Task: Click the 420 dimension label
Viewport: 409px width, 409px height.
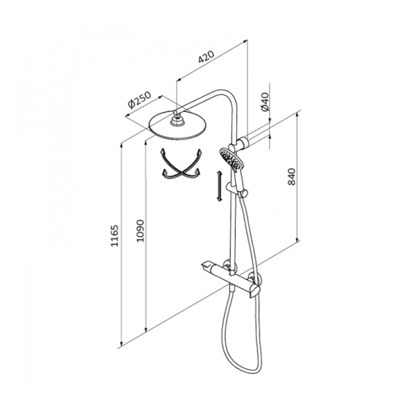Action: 206,57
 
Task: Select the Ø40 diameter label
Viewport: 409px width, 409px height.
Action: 265,102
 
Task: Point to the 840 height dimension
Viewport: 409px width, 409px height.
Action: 291,177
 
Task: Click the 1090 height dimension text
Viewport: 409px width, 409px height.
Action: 140,231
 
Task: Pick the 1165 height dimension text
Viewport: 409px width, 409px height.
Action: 115,236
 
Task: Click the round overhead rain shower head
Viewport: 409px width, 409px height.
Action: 177,124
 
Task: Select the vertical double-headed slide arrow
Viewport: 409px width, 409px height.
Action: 219,186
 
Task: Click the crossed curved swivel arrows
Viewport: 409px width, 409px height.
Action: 181,164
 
